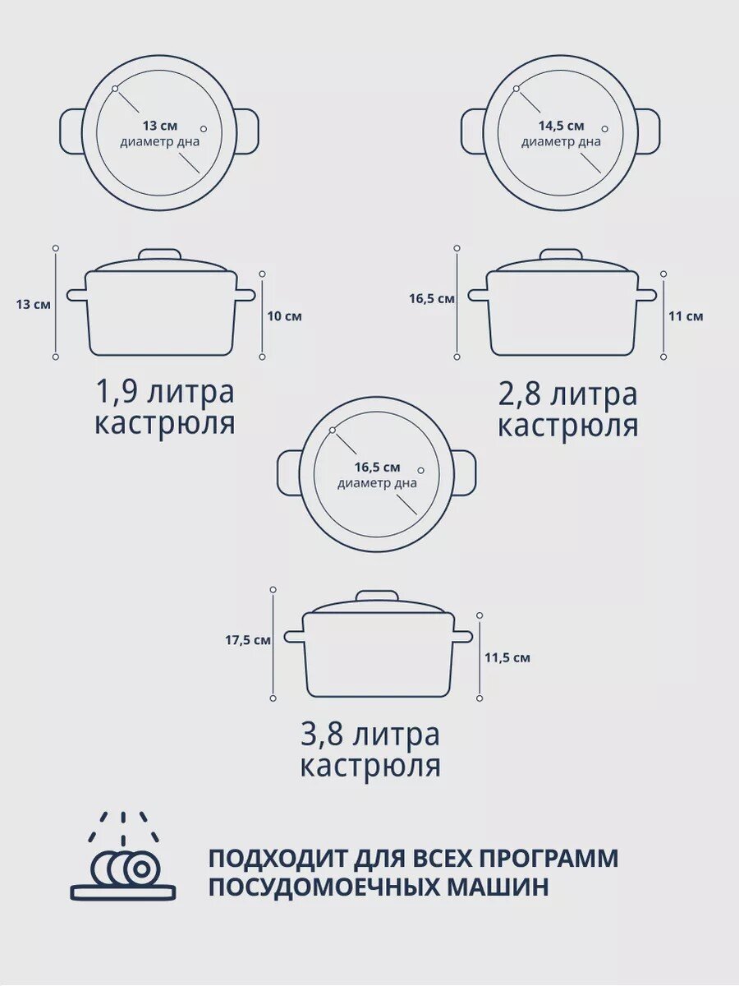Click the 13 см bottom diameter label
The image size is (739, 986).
pos(159,126)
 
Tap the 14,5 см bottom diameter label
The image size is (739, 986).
pos(561,126)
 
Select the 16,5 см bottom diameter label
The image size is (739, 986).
pos(377,467)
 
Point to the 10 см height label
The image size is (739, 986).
pos(285,316)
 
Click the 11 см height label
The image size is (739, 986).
pos(686,316)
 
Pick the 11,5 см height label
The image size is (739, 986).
pos(507,657)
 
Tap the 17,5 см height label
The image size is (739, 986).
pos(248,640)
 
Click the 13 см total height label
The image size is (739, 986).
pos(33,304)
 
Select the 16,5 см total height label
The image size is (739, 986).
pos(431,299)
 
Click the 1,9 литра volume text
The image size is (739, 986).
pos(165,392)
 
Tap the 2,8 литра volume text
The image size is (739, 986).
pos(567,394)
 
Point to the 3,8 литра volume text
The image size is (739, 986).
pos(369,734)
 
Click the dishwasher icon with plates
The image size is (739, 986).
pos(123,859)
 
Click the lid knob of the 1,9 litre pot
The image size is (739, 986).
pos(159,254)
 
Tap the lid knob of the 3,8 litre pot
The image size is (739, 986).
pos(377,596)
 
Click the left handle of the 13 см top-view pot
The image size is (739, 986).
pos(71,131)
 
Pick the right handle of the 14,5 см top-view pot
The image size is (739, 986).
pos(648,131)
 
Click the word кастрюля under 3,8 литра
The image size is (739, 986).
pos(369,766)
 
